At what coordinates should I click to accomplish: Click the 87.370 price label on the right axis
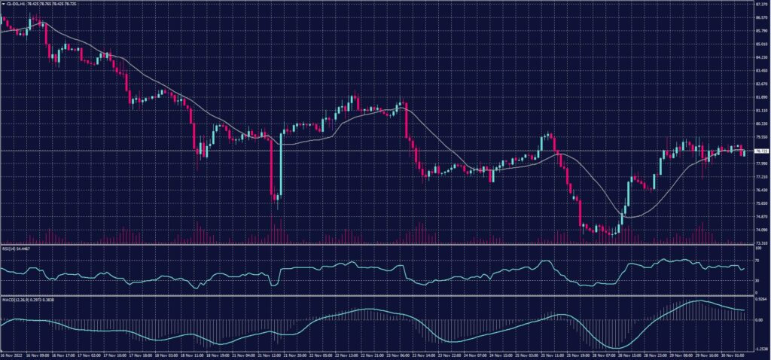(x=760, y=4)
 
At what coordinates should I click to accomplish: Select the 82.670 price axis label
(x=760, y=84)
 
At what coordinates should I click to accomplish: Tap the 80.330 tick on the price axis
(x=760, y=124)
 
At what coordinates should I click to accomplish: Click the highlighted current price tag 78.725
(x=760, y=151)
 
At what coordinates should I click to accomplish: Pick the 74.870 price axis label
(x=760, y=217)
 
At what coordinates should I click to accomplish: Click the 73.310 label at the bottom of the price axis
(x=760, y=243)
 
